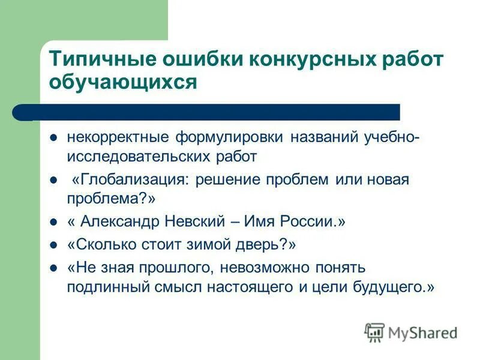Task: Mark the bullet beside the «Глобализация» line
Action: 53,180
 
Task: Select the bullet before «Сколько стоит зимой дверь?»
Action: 53,245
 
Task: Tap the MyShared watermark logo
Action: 411,332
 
